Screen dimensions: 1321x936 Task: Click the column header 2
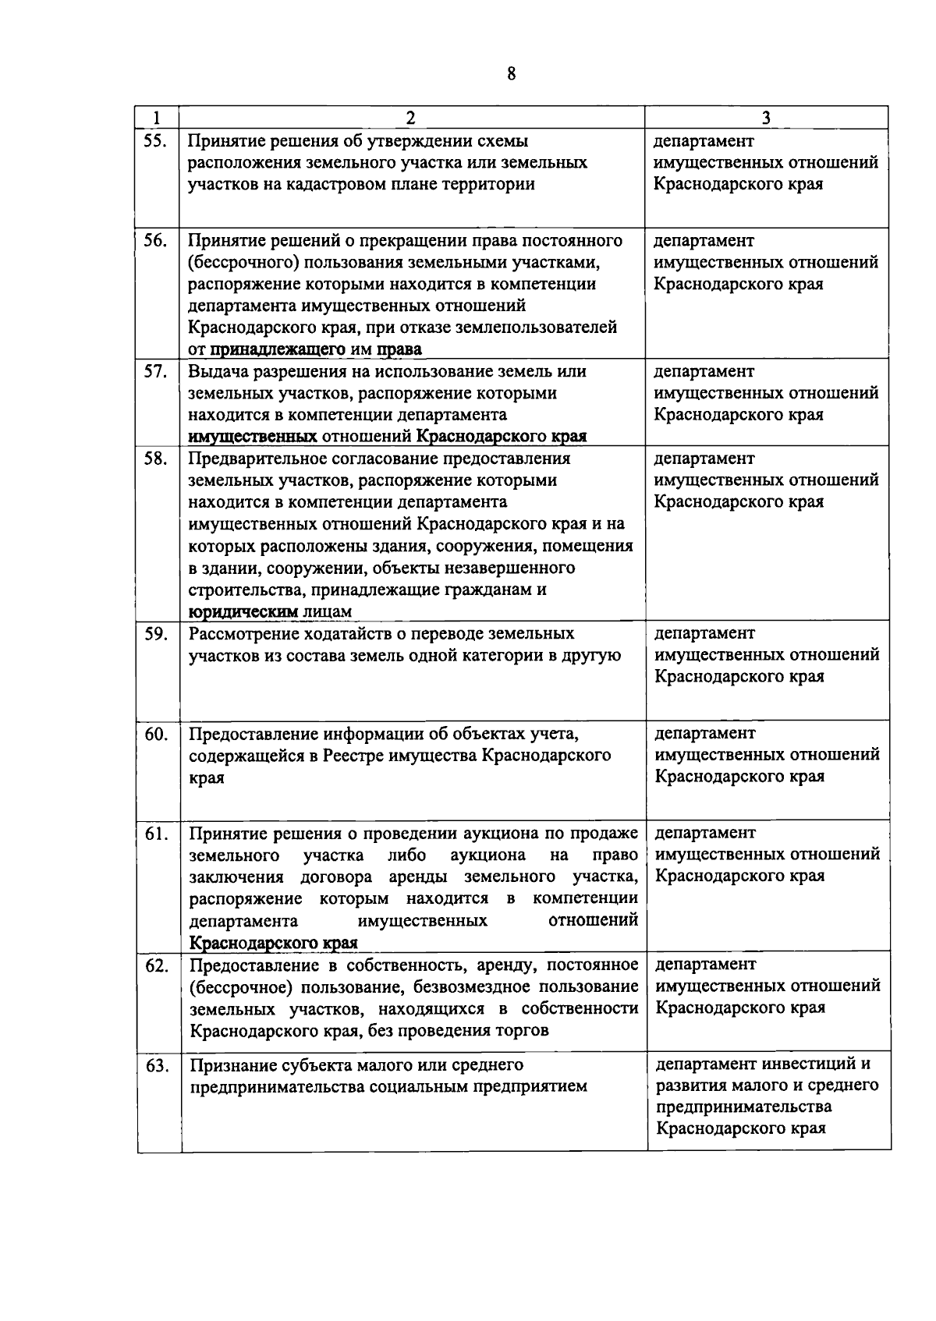coord(410,118)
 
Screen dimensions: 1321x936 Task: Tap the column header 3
coord(767,118)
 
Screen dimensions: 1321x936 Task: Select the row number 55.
coord(156,141)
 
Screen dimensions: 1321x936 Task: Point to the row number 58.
coord(156,459)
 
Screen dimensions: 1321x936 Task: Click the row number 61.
coord(157,834)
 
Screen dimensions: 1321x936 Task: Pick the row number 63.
coord(158,1065)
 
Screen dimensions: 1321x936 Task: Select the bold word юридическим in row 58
coord(243,611)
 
